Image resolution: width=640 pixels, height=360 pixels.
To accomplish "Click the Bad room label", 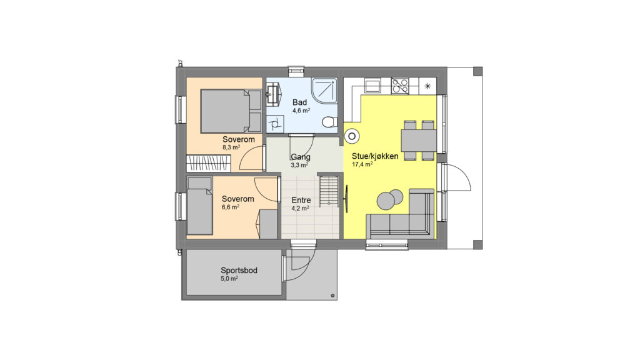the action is tap(299, 102).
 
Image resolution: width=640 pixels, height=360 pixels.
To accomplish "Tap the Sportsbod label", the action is tap(239, 270).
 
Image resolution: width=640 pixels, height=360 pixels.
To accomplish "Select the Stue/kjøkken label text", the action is tap(375, 156).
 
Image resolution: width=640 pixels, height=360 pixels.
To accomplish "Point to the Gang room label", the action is tap(301, 157).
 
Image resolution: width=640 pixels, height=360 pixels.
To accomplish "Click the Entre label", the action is tap(301, 200).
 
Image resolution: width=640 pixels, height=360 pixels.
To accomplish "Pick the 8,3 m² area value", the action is tap(231, 147).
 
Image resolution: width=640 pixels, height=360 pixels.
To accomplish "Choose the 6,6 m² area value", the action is tap(231, 207).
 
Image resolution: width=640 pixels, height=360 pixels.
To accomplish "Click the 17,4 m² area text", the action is tap(362, 164).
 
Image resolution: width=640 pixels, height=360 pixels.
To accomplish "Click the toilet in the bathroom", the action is tap(329, 122).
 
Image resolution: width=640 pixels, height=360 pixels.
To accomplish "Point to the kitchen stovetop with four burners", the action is tap(399, 86).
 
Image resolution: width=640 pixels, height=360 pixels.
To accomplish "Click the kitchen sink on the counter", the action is tap(372, 86).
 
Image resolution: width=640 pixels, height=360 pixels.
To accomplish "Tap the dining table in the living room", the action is tap(419, 141).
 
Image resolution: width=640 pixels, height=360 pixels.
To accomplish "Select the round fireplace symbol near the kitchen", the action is tap(352, 136).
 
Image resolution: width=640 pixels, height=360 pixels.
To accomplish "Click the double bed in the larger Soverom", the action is tap(231, 111).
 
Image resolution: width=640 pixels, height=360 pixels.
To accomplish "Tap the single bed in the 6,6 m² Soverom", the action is tap(199, 206).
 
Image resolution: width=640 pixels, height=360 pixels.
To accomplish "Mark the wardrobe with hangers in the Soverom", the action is tap(208, 163).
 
